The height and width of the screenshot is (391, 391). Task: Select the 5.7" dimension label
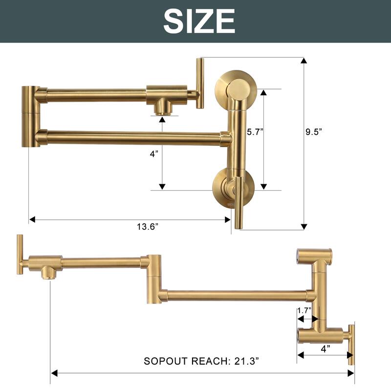255,131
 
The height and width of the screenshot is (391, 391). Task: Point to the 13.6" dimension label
147,226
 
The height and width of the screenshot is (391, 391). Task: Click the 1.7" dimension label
304,310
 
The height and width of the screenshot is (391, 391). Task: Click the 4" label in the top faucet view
154,154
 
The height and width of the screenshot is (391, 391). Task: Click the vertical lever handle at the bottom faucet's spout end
20,254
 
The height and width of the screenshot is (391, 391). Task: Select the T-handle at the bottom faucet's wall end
351,344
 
